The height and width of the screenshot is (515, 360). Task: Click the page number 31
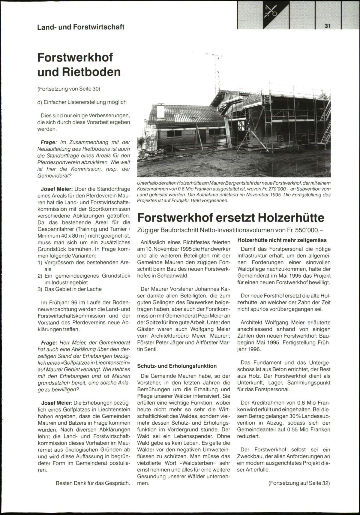coord(327,26)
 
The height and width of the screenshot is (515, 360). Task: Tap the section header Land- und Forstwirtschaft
coord(81,27)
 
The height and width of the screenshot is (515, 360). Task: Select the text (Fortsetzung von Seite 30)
coord(69,89)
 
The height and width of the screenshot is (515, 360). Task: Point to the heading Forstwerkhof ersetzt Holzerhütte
coord(231,217)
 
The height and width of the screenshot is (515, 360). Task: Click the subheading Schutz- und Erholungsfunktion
coord(177,366)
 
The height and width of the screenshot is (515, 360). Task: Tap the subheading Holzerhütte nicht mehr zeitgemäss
coord(282,240)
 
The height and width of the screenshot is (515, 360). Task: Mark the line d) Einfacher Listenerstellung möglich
coord(82,102)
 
